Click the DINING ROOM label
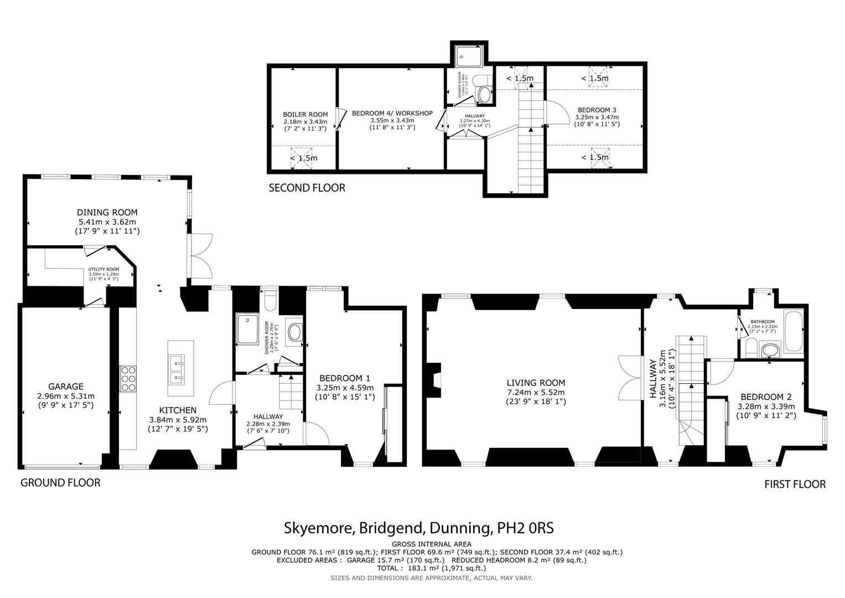point(107,212)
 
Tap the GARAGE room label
point(65,386)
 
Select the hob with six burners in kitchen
point(128,379)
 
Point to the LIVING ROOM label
point(536,383)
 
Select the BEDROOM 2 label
point(766,397)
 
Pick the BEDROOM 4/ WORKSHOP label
point(392,113)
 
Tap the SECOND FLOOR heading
point(307,188)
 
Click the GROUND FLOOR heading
point(60,483)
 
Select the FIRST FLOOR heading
point(795,484)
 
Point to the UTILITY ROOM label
point(103,269)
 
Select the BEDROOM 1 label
point(345,378)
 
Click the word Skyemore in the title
point(318,528)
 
